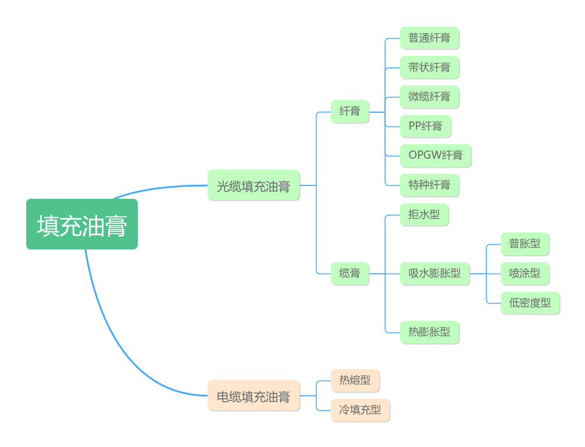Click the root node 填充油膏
click(82, 224)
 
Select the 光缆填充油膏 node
click(254, 185)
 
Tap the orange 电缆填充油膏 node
click(254, 396)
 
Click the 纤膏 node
click(350, 111)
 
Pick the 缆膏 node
click(350, 273)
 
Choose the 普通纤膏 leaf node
click(429, 38)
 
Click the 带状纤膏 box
click(429, 67)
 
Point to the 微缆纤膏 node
click(429, 96)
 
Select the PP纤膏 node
click(425, 126)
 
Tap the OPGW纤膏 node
click(436, 155)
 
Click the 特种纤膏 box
click(429, 185)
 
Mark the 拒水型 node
click(424, 214)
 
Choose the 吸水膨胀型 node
click(434, 273)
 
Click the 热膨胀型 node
click(429, 332)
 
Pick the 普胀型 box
click(525, 244)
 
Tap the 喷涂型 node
click(525, 273)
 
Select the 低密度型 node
click(530, 303)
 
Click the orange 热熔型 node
click(355, 380)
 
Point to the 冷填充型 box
click(360, 410)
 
